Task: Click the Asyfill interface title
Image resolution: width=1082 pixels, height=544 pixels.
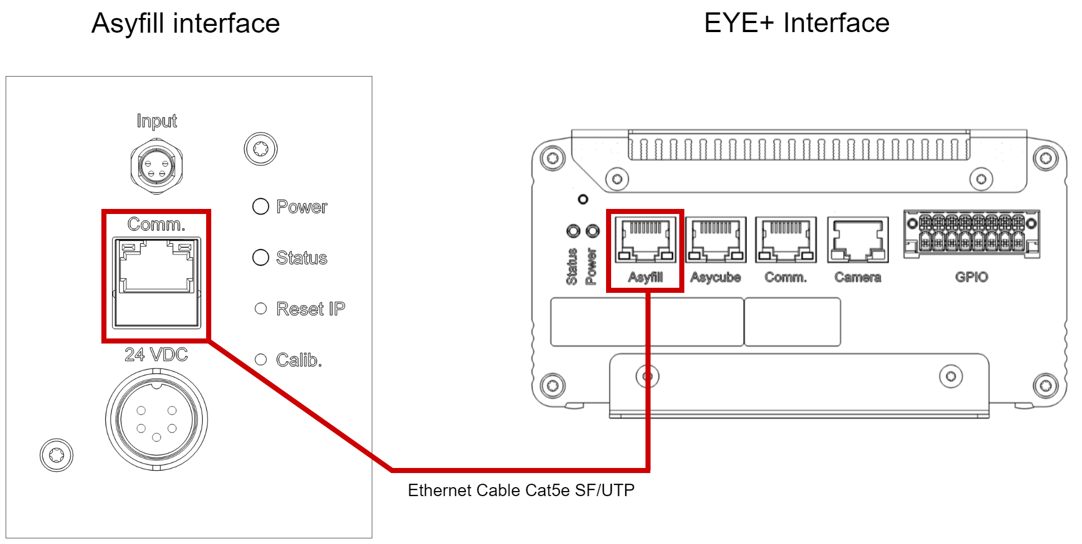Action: click(x=185, y=24)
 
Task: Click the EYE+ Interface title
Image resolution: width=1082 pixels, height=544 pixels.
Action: click(x=796, y=23)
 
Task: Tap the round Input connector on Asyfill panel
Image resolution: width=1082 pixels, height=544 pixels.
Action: click(x=157, y=167)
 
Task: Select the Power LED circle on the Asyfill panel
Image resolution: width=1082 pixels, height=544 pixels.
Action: click(x=260, y=207)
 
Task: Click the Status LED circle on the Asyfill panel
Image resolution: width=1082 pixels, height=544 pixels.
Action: click(x=260, y=257)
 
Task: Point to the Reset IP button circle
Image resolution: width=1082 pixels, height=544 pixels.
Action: click(x=260, y=309)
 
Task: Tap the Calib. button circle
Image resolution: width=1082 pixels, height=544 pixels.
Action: click(x=260, y=359)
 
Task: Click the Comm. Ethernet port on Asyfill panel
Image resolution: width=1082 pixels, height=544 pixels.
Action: click(x=157, y=282)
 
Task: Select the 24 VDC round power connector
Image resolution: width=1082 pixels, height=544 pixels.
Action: click(x=157, y=420)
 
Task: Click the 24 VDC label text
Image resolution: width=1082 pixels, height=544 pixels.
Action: click(x=156, y=354)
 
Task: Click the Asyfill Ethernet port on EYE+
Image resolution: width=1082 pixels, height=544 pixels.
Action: click(x=645, y=240)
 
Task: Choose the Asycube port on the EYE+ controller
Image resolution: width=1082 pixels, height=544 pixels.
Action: click(x=715, y=240)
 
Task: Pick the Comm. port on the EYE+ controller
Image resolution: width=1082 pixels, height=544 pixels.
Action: click(x=785, y=240)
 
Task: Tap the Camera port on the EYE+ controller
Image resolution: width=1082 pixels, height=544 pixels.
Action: click(x=857, y=240)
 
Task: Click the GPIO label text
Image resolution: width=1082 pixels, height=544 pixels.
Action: click(x=971, y=277)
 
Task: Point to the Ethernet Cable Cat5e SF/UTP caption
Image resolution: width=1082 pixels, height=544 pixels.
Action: click(x=521, y=491)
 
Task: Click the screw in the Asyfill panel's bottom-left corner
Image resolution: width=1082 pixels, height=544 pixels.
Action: click(x=56, y=455)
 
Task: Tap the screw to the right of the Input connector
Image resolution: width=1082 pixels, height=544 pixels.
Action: click(x=260, y=149)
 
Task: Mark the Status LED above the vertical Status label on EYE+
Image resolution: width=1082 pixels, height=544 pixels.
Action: click(x=573, y=231)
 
